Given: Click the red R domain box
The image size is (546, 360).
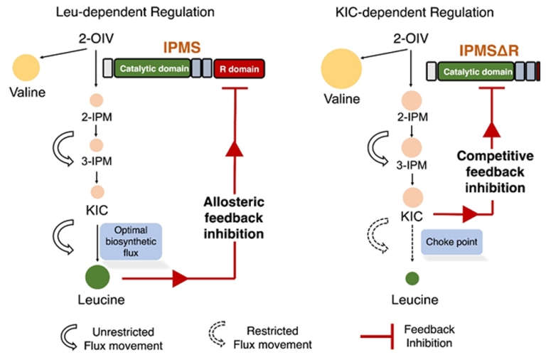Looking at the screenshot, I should click(238, 68).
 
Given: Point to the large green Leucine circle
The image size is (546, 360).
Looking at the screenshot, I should click(98, 277).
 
